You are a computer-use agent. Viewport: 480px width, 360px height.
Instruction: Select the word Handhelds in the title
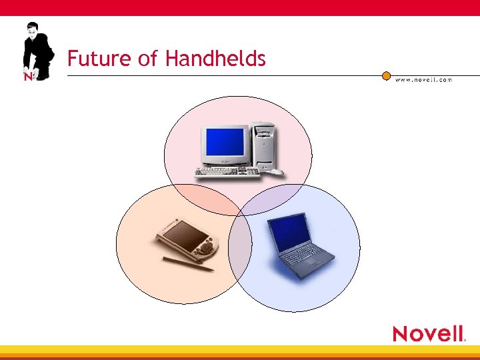coord(215,59)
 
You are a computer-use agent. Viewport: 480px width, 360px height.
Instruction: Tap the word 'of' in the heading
coord(147,59)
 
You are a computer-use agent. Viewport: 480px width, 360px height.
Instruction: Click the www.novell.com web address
coord(423,79)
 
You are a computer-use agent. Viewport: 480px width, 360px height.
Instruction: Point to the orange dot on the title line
coord(386,75)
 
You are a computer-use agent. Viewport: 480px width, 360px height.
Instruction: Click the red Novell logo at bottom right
coord(428,333)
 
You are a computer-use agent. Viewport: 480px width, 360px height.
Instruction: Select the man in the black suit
coord(37,50)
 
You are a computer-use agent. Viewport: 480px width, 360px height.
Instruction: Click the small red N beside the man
coord(28,77)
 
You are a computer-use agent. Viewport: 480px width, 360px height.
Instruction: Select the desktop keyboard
coord(227,173)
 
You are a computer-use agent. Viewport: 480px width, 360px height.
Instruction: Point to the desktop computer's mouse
coord(275,173)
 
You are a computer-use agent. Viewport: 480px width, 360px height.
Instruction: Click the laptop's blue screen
coord(289,230)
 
